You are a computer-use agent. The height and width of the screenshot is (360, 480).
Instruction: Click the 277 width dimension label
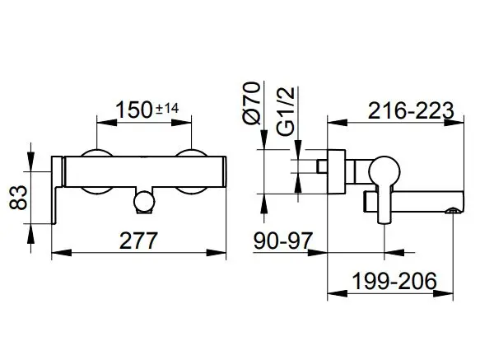pos(138,241)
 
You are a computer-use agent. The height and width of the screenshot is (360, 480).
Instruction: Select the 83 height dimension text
pos(18,198)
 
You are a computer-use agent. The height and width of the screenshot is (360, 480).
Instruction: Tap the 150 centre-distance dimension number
pos(134,110)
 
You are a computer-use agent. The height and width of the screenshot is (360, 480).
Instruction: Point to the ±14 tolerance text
pos(167,109)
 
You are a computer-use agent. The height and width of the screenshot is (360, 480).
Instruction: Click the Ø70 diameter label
pos(253,103)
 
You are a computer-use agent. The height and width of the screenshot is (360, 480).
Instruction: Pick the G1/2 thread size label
pos(286,111)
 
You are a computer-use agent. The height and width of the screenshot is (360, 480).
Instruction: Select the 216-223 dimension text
pos(411,110)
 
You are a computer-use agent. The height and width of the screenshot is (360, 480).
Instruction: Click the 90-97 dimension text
pos(283,241)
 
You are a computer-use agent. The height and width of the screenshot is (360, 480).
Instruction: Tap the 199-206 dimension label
pos(394,281)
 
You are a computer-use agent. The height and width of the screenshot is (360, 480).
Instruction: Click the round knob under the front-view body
pos(144,201)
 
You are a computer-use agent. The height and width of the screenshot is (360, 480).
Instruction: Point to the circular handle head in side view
pos(384,171)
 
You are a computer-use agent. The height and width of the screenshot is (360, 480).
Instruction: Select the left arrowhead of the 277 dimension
pos(62,253)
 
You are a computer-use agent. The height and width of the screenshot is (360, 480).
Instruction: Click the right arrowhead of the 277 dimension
pos(216,253)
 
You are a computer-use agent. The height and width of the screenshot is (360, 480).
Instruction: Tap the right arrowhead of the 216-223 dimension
pos(454,123)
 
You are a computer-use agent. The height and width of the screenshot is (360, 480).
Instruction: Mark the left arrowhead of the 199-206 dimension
pos(338,293)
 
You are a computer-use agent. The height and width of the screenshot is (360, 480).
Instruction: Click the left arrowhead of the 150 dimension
pos(107,123)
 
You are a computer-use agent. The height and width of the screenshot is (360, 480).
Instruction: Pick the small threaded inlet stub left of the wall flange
pos(323,166)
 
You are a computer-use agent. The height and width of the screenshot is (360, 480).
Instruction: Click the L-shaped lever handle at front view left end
pos(57,190)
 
